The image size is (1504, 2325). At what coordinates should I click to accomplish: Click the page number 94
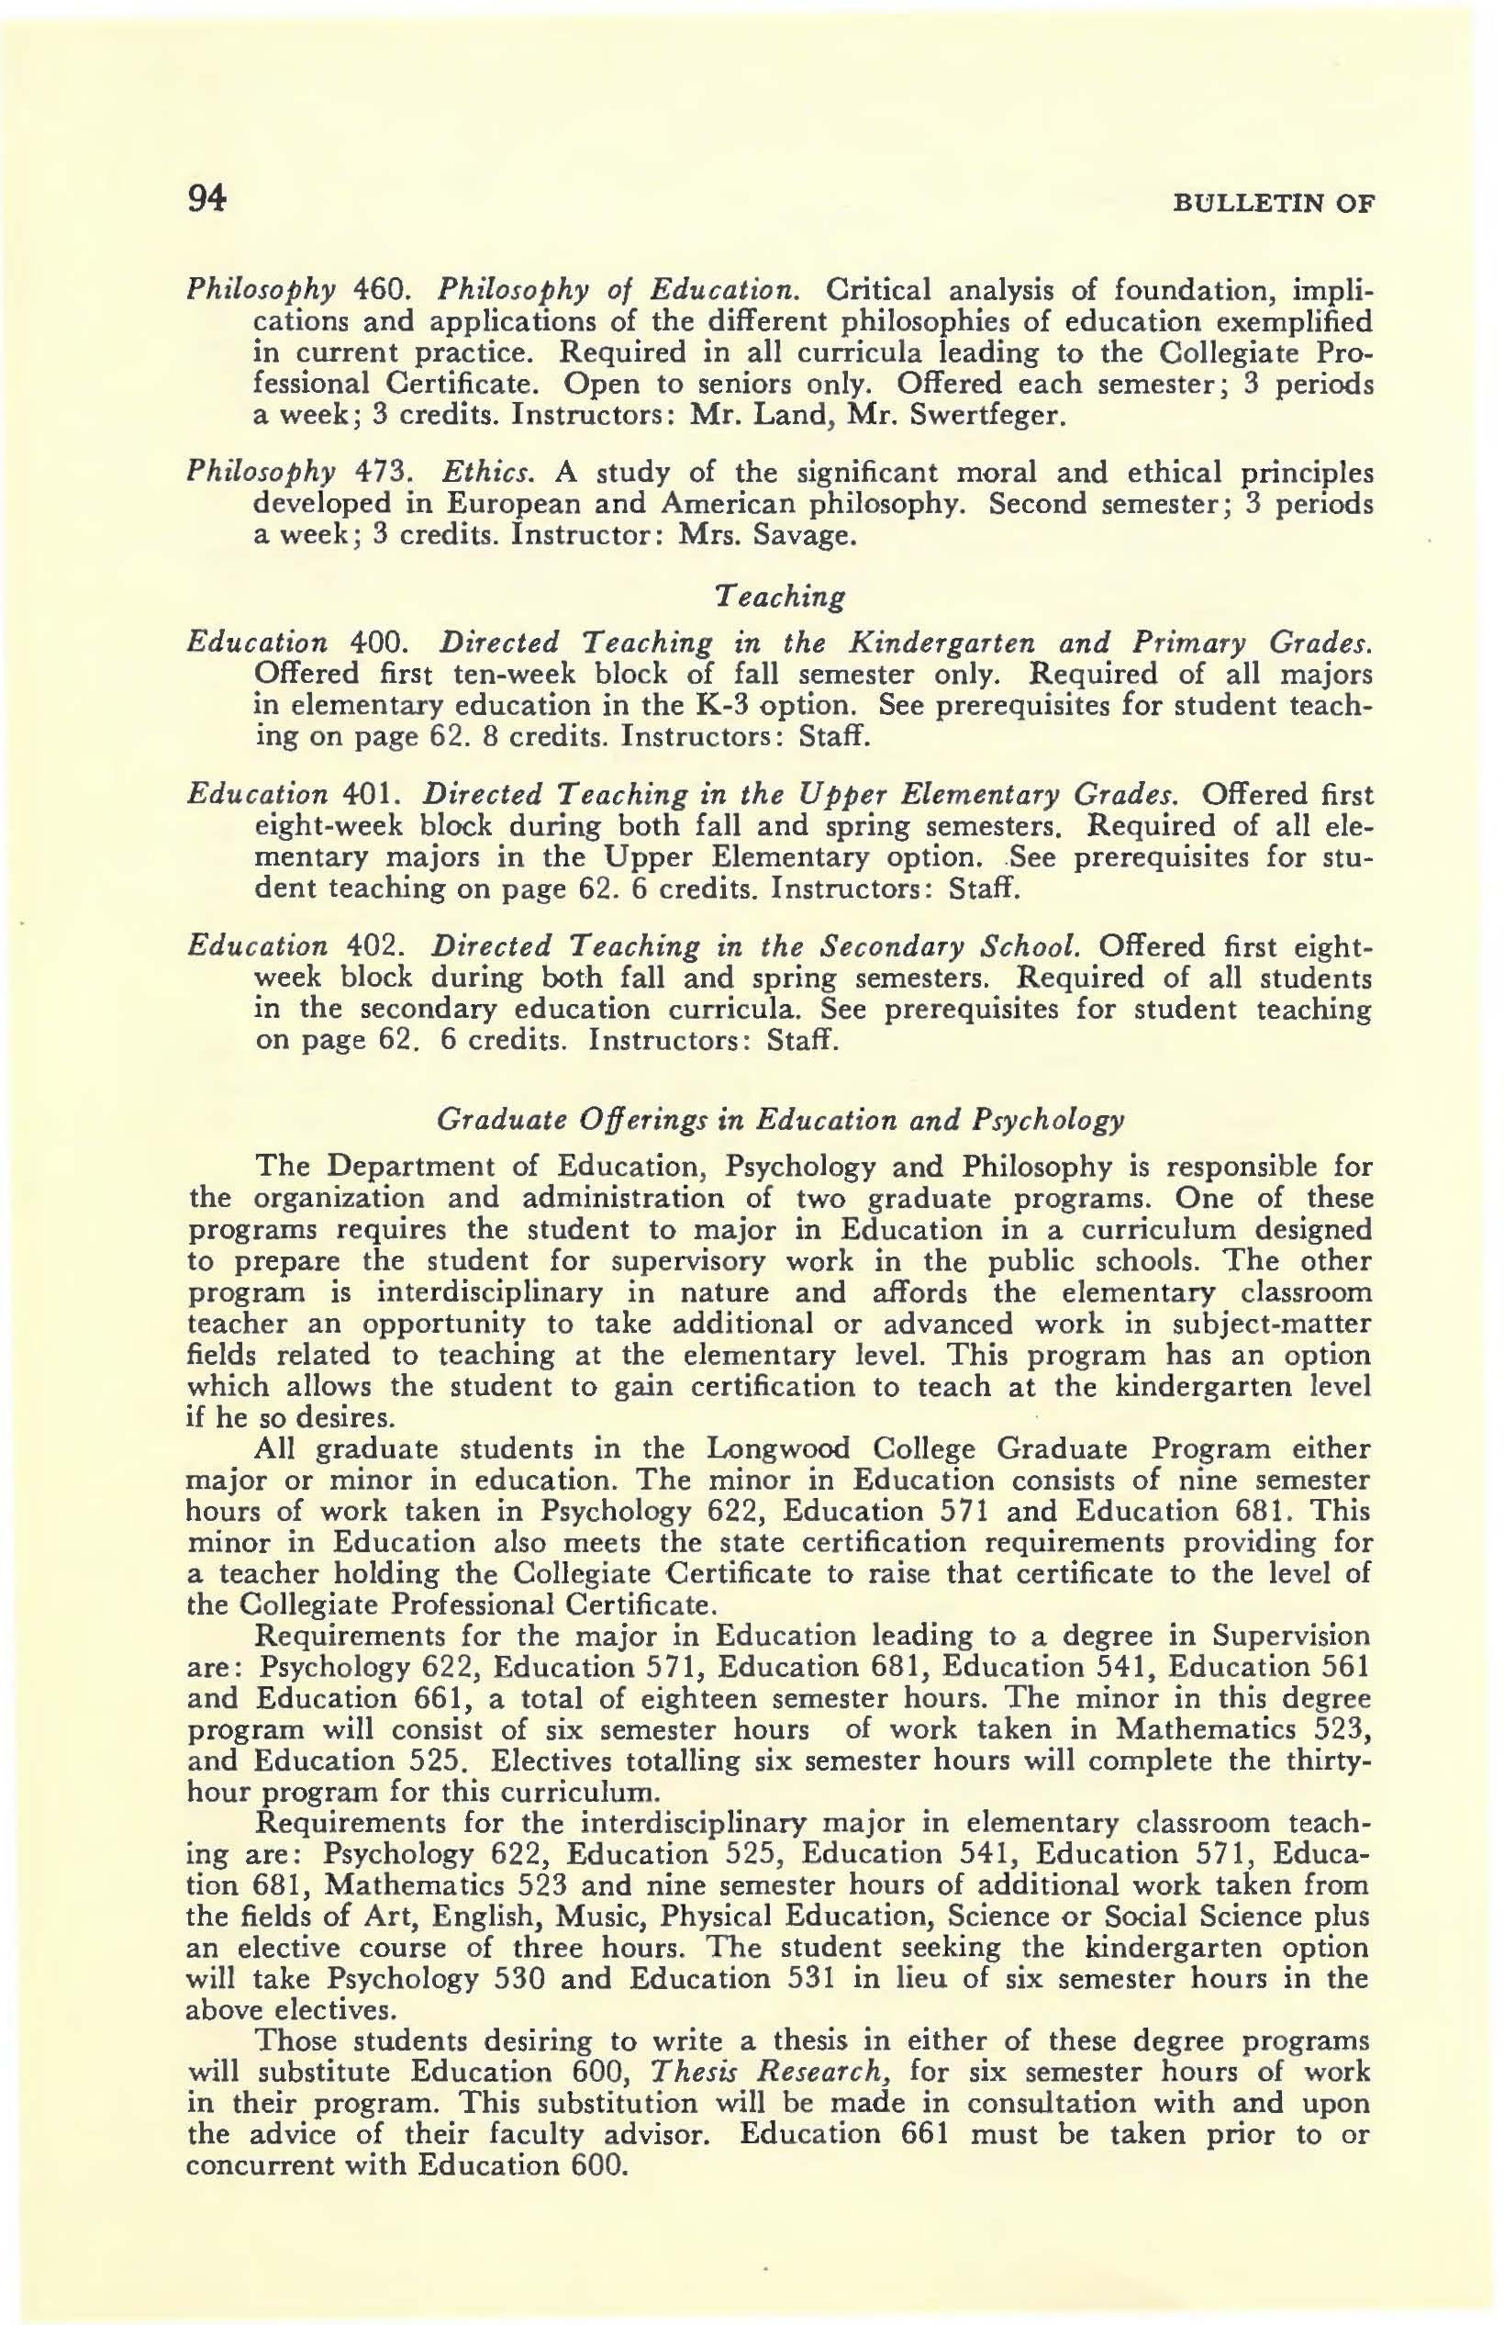206,200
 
